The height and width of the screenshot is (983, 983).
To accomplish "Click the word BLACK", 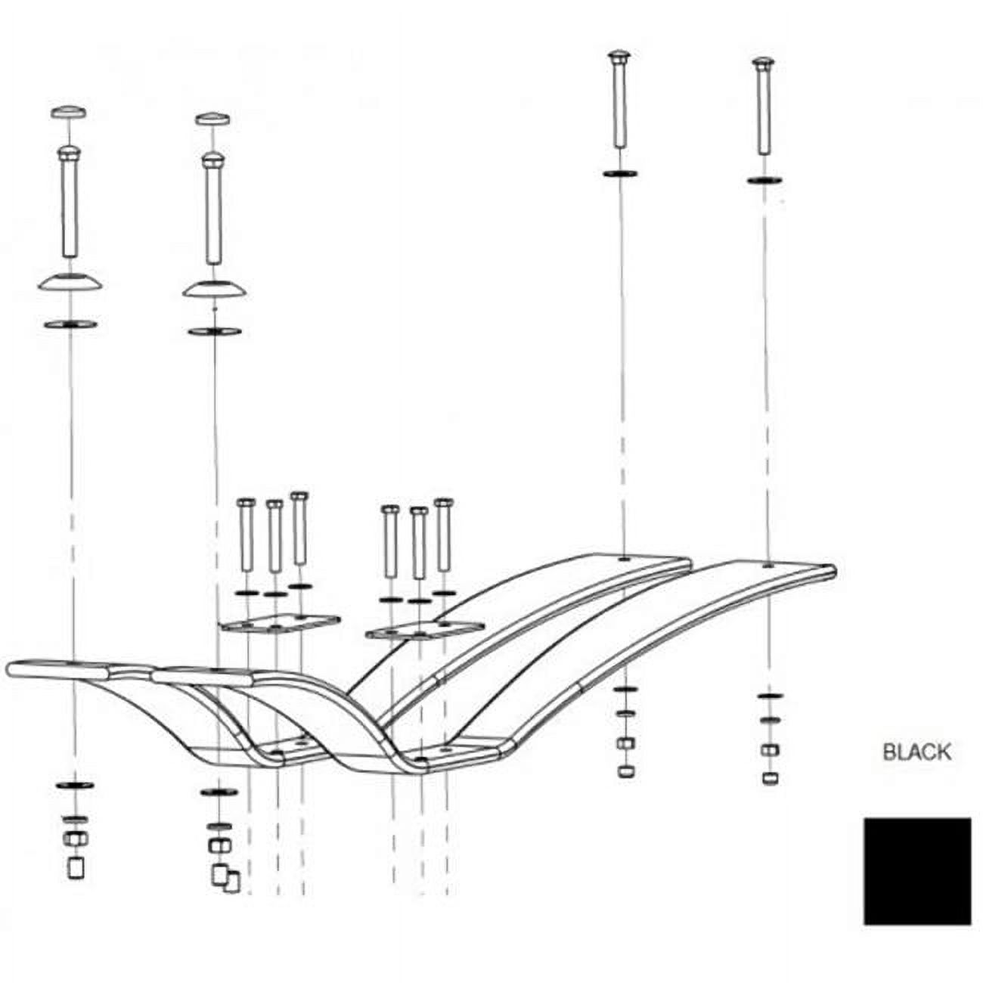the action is pos(916,752).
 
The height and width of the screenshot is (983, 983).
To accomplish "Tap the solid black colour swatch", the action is pos(917,870).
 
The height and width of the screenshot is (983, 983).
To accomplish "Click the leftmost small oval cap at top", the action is pos(68,112).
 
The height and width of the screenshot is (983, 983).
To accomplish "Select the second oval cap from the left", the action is pos(212,119).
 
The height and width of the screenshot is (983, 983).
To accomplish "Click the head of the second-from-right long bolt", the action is pos(619,57).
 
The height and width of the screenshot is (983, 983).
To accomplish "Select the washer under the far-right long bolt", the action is pos(764,181).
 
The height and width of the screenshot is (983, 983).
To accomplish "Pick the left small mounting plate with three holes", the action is pos(278,624).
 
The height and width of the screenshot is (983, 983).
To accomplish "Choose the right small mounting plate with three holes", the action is pos(424,630).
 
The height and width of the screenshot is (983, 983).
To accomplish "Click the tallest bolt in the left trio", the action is pos(299,529).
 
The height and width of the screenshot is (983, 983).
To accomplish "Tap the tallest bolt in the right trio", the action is pos(443,535).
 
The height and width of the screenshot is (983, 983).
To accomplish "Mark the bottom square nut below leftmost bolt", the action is pos(76,868).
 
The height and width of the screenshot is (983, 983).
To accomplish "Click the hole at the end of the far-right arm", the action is pos(768,565).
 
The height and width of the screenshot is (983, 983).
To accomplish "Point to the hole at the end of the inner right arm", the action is pos(623,559).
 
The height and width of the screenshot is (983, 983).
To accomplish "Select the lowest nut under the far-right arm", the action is pos(770,778).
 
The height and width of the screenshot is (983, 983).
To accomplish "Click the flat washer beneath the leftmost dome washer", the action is pos(70,324).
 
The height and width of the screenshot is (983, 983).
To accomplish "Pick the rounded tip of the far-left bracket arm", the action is pos(14,669).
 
